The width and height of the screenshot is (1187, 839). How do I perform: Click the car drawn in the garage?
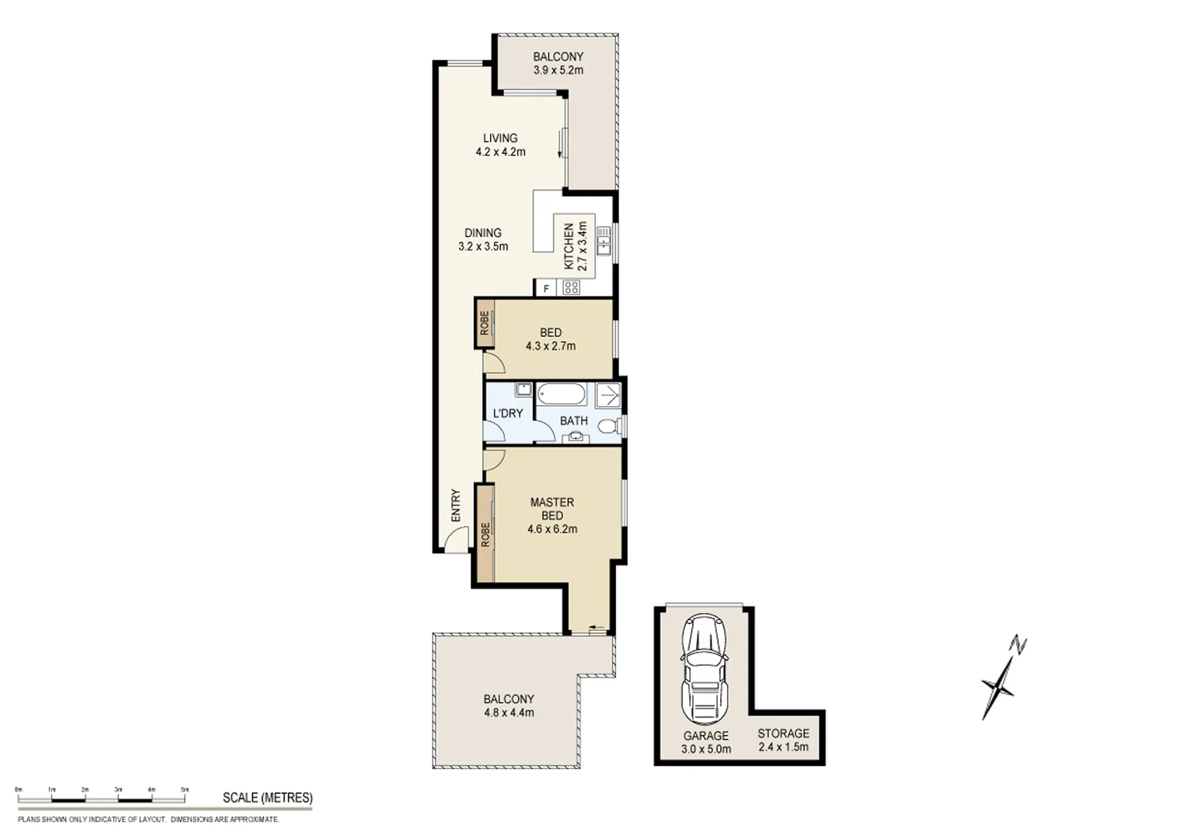[705, 670]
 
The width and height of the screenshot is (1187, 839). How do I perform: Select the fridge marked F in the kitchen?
[546, 289]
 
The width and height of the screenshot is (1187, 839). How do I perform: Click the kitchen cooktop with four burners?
[572, 288]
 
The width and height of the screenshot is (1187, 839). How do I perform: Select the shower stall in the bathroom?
[609, 395]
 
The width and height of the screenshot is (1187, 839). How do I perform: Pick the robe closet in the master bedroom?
[486, 534]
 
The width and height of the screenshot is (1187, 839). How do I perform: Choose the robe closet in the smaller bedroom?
[485, 323]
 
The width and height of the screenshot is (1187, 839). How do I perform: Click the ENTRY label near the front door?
[456, 505]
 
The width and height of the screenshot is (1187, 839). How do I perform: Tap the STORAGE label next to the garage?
[783, 733]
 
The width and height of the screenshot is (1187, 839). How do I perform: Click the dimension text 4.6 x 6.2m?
[552, 530]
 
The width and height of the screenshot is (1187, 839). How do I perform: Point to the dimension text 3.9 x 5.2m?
[558, 70]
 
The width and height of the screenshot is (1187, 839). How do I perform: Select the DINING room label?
[482, 233]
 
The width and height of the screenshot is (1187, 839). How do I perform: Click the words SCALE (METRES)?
[267, 798]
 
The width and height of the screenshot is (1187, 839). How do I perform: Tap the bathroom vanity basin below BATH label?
[575, 437]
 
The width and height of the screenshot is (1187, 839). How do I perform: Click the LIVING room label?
[500, 138]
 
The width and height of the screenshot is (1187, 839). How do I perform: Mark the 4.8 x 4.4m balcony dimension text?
[508, 712]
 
